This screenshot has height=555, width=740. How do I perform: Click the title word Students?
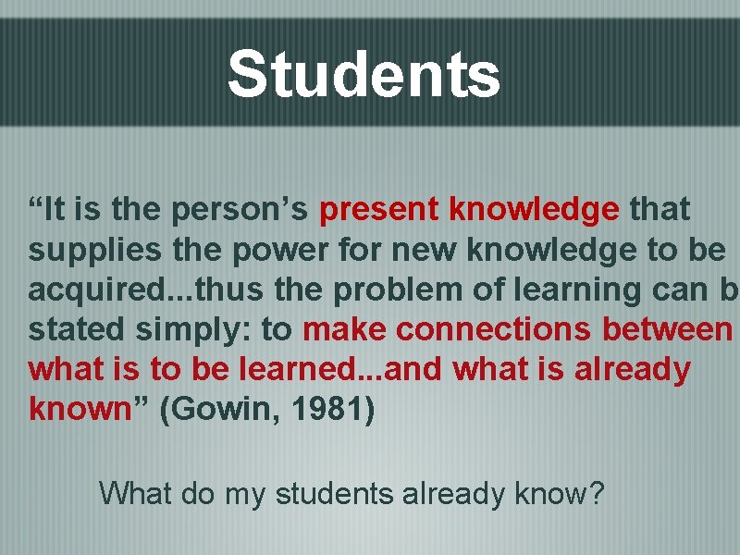[x=364, y=75]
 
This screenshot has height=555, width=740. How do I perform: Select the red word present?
[x=378, y=210]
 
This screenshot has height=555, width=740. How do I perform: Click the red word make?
[x=337, y=329]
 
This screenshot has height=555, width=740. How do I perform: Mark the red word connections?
[x=486, y=329]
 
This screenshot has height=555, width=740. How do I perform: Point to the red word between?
[x=667, y=329]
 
